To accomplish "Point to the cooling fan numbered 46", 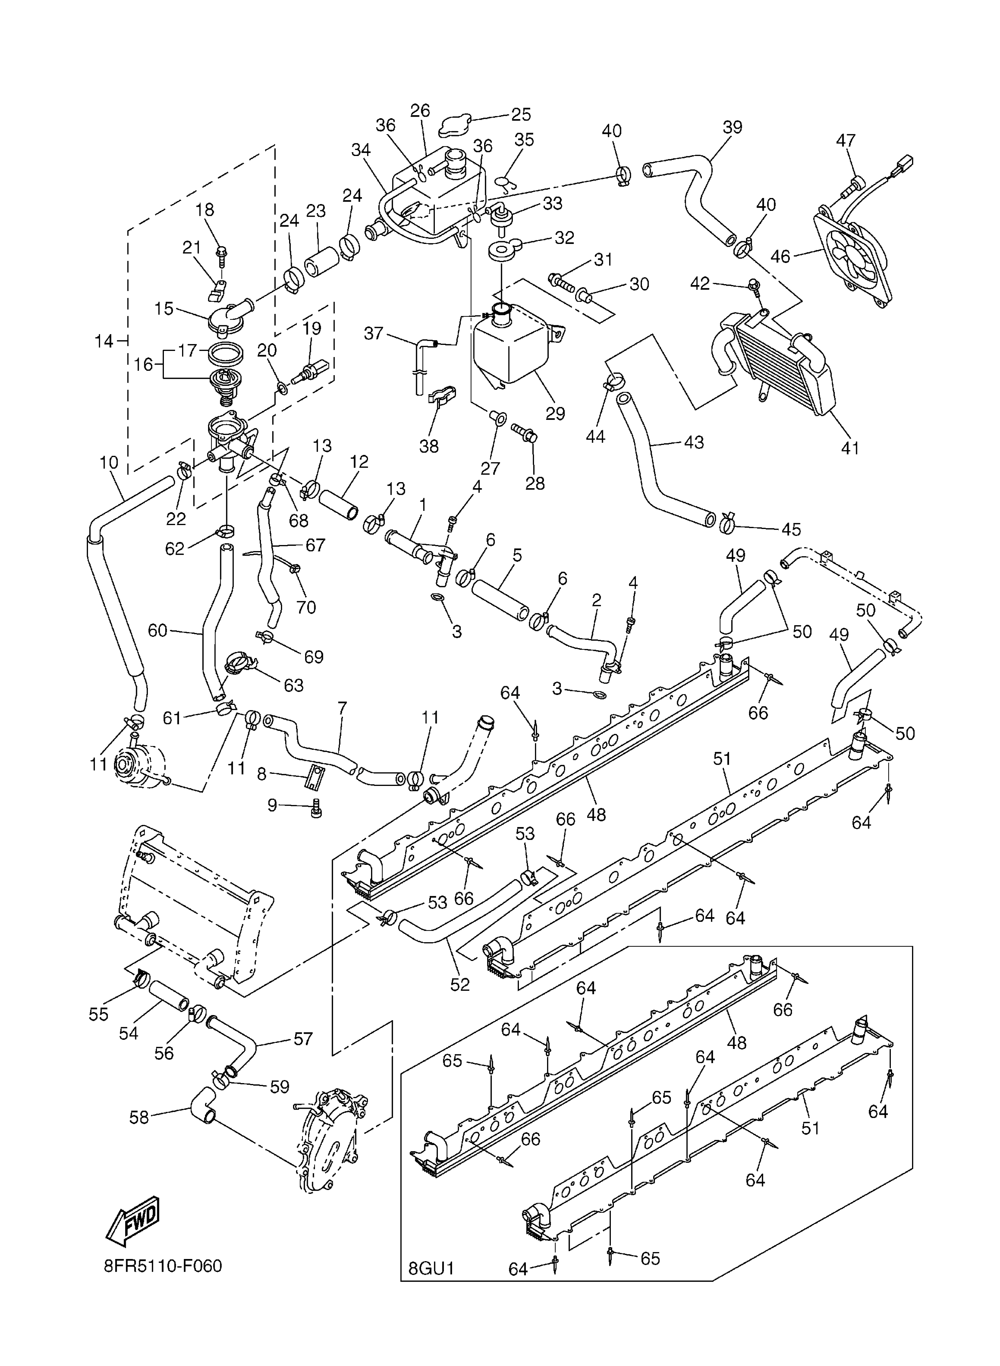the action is coord(854,256).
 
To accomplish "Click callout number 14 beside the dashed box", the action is coord(104,342).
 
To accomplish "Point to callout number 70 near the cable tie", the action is coord(306,607).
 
